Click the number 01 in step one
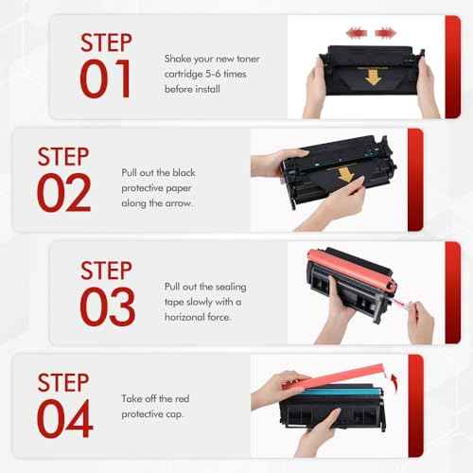click(106, 79)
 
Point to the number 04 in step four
click(66, 419)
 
